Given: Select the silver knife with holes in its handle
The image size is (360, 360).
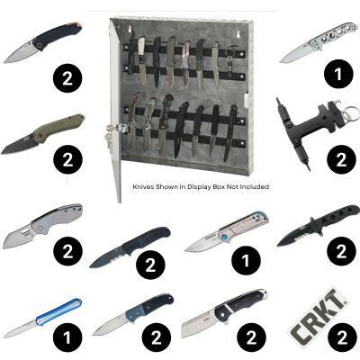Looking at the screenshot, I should click(311, 51).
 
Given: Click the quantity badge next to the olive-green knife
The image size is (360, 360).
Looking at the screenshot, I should click(67, 162).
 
